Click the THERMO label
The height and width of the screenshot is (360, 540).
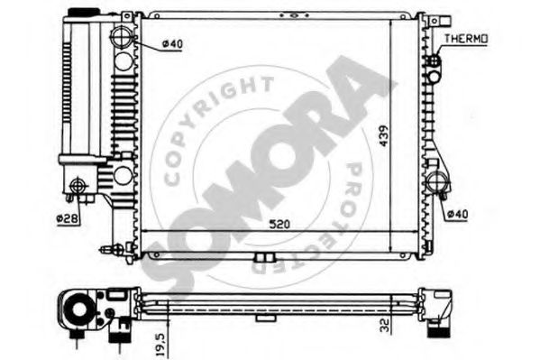tap(465, 39)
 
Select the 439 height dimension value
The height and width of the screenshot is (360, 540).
tap(384, 136)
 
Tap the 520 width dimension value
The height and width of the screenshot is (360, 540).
tap(279, 225)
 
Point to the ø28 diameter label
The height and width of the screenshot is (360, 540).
tap(68, 218)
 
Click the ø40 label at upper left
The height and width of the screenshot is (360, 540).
tap(172, 44)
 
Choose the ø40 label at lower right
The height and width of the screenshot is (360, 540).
tap(457, 215)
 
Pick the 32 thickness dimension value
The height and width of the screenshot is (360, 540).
tap(384, 325)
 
